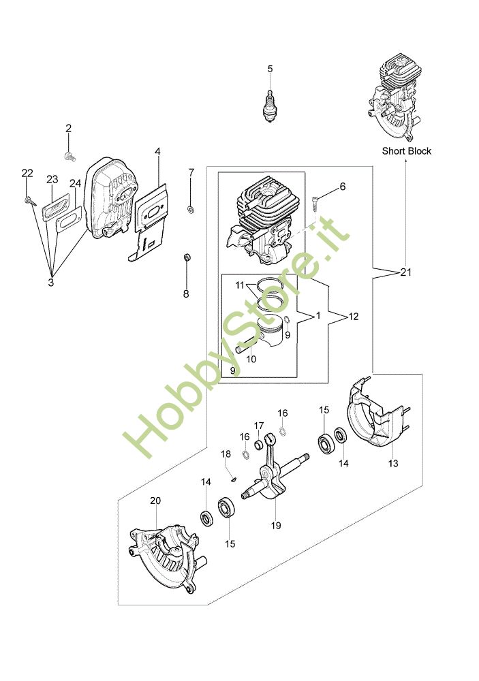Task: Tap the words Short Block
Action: tap(406, 151)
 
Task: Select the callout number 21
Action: tap(407, 272)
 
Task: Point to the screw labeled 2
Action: tap(68, 156)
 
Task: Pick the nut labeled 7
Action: tap(191, 206)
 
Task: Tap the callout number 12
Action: tap(354, 317)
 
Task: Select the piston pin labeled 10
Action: tap(245, 347)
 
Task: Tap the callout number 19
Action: tap(275, 525)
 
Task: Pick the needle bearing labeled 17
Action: tap(260, 445)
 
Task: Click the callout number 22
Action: tap(27, 173)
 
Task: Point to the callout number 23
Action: tap(52, 179)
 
